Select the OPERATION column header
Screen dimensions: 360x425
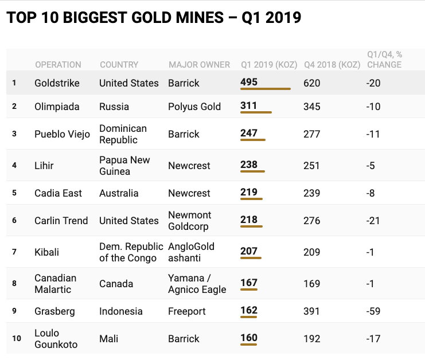pyautogui.click(x=58, y=65)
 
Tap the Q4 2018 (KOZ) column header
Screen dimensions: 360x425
pyautogui.click(x=332, y=65)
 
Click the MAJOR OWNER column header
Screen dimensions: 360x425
pyautogui.click(x=199, y=65)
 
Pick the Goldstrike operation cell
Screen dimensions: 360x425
pyautogui.click(x=57, y=83)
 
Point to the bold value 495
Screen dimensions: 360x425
pyautogui.click(x=249, y=82)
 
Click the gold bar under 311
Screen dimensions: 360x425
pyautogui.click(x=256, y=113)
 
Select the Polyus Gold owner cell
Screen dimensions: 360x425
pyautogui.click(x=194, y=107)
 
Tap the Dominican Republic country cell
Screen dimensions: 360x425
pyautogui.click(x=123, y=134)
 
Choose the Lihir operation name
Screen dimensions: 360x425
pyautogui.click(x=44, y=166)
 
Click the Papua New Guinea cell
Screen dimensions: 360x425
pyautogui.click(x=124, y=166)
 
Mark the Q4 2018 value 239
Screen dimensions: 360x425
pyautogui.click(x=311, y=193)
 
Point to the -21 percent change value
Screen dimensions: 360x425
pyautogui.click(x=374, y=221)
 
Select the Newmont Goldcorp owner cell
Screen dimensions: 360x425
pyautogui.click(x=190, y=221)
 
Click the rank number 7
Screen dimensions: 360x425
pyautogui.click(x=14, y=252)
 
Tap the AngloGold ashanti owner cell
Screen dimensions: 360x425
pyautogui.click(x=191, y=252)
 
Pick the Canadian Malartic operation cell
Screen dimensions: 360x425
pyautogui.click(x=55, y=284)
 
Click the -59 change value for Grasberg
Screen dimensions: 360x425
pyautogui.click(x=374, y=311)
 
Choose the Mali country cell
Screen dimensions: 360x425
pyautogui.click(x=109, y=338)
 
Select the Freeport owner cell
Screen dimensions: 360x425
pyautogui.click(x=187, y=311)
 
